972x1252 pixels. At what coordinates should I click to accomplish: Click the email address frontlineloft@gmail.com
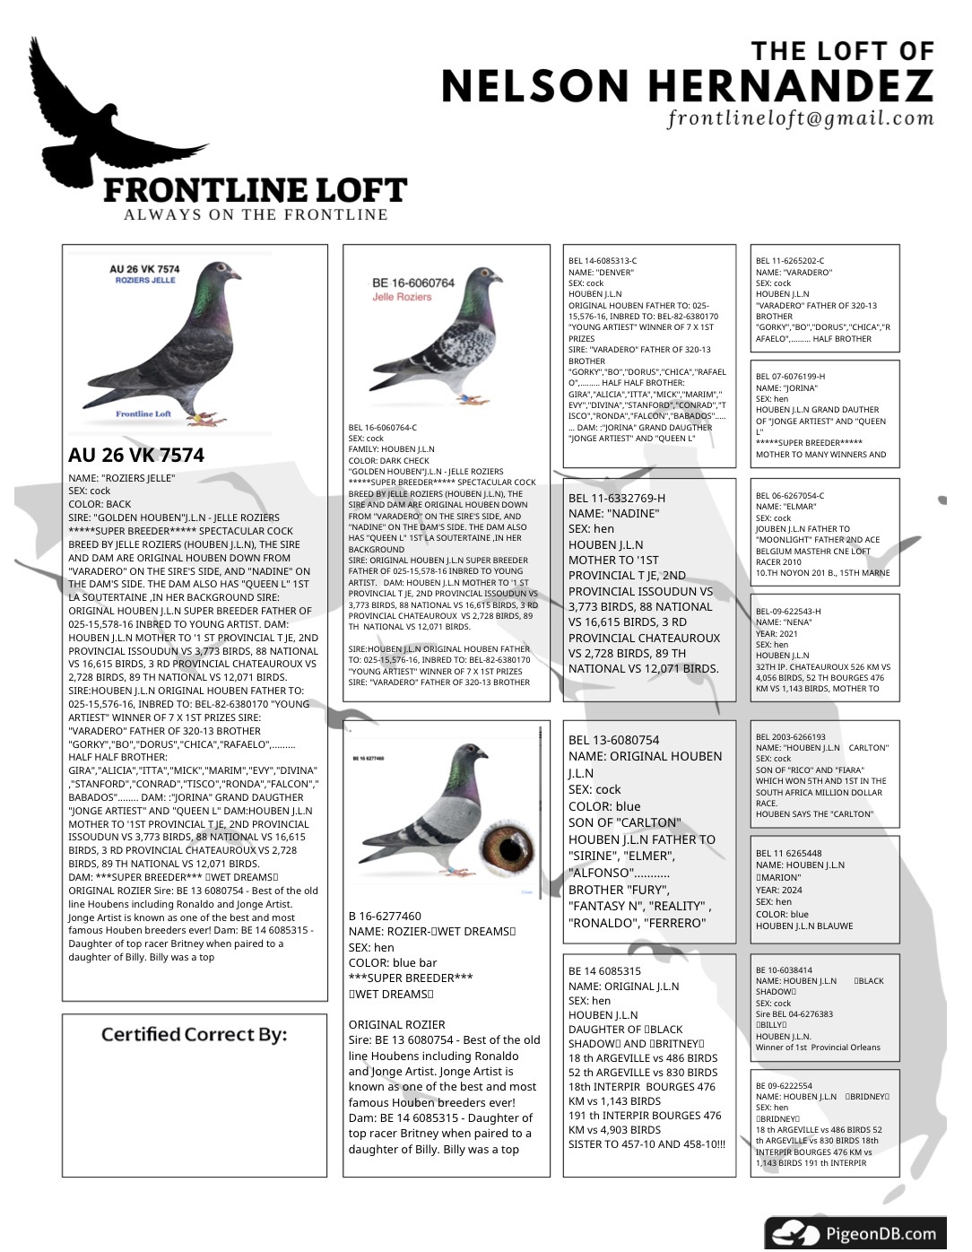coord(801,118)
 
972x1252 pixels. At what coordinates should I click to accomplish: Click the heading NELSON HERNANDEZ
coord(687,86)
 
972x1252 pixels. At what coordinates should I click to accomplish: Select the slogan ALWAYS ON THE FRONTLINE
coord(256,214)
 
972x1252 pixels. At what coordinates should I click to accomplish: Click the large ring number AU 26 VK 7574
coord(136,455)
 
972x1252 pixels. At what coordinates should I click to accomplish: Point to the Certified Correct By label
coord(194,1034)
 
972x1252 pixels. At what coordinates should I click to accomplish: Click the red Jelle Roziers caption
coord(402,297)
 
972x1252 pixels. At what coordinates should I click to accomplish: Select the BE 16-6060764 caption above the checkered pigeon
coord(413,283)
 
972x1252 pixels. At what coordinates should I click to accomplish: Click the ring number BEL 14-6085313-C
coord(603,261)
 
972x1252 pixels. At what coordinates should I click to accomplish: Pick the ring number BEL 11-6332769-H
coord(617,498)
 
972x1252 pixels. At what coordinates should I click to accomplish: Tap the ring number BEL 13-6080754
coord(613,740)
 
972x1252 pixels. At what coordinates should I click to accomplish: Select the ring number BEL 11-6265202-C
coord(790,261)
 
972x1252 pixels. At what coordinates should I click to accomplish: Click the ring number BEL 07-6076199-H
coord(790,377)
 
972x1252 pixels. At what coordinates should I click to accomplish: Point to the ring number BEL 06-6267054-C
coord(790,496)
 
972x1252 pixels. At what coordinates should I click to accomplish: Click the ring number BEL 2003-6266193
coord(790,737)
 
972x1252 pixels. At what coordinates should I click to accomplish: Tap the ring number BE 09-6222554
coord(784,1086)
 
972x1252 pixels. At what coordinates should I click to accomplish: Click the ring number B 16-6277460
coord(385,916)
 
